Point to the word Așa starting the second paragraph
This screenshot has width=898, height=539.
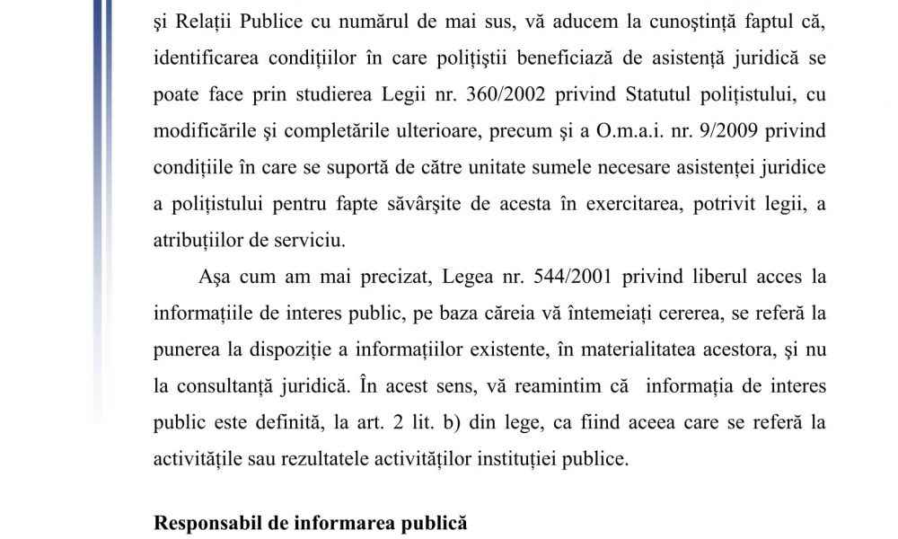click(207, 277)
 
